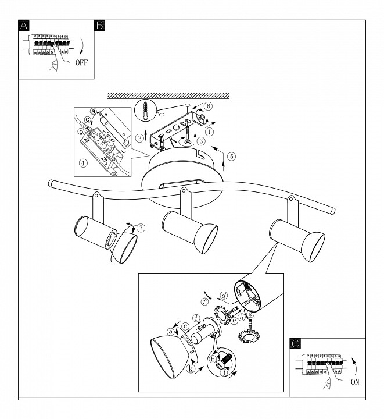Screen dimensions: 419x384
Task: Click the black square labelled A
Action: (23, 26)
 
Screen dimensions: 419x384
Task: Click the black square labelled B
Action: (99, 26)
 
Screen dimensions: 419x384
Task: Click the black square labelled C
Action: (295, 345)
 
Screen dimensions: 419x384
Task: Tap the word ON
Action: (355, 382)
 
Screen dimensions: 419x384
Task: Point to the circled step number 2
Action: (140, 138)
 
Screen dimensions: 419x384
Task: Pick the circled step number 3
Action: (200, 140)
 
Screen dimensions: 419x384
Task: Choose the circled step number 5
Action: (231, 155)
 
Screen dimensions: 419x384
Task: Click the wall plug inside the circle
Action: (145, 109)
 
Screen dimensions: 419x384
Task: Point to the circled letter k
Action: (189, 368)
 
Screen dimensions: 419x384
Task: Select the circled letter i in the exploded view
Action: (198, 318)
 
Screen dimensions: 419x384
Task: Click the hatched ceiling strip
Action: (168, 95)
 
